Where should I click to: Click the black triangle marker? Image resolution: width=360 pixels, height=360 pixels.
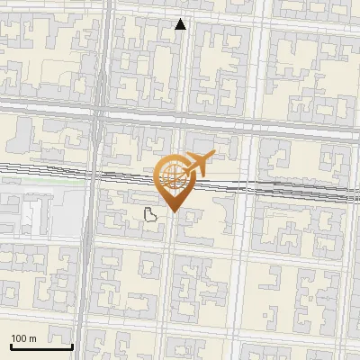tap(181, 25)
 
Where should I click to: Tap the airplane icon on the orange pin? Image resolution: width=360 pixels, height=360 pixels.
tap(194, 165)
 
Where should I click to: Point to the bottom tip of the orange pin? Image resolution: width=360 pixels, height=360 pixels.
tap(172, 212)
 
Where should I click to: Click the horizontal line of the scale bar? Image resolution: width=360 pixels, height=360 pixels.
tap(41, 346)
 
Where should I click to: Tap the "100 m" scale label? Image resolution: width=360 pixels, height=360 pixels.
tap(23, 338)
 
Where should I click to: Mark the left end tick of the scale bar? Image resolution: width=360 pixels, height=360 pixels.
tap(11, 344)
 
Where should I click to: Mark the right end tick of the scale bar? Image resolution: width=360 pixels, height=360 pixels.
tap(72, 344)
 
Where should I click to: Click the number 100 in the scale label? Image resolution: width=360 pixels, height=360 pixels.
tap(19, 338)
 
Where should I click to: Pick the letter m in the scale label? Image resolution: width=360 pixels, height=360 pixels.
tap(32, 338)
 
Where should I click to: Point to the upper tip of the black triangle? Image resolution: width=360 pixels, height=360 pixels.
tap(181, 20)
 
